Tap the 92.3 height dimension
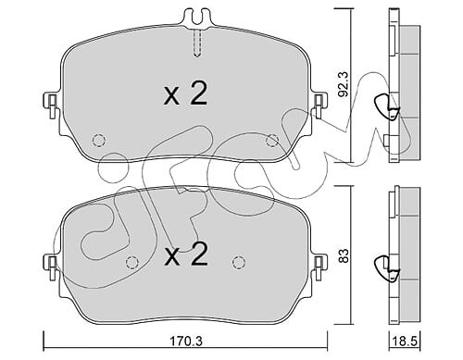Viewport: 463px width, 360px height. pos(344,84)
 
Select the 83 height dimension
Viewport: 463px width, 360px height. pos(344,255)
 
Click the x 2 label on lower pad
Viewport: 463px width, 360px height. pos(185,254)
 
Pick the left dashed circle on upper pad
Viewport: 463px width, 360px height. pos(99,140)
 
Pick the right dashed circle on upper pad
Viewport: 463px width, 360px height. pos(272,140)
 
